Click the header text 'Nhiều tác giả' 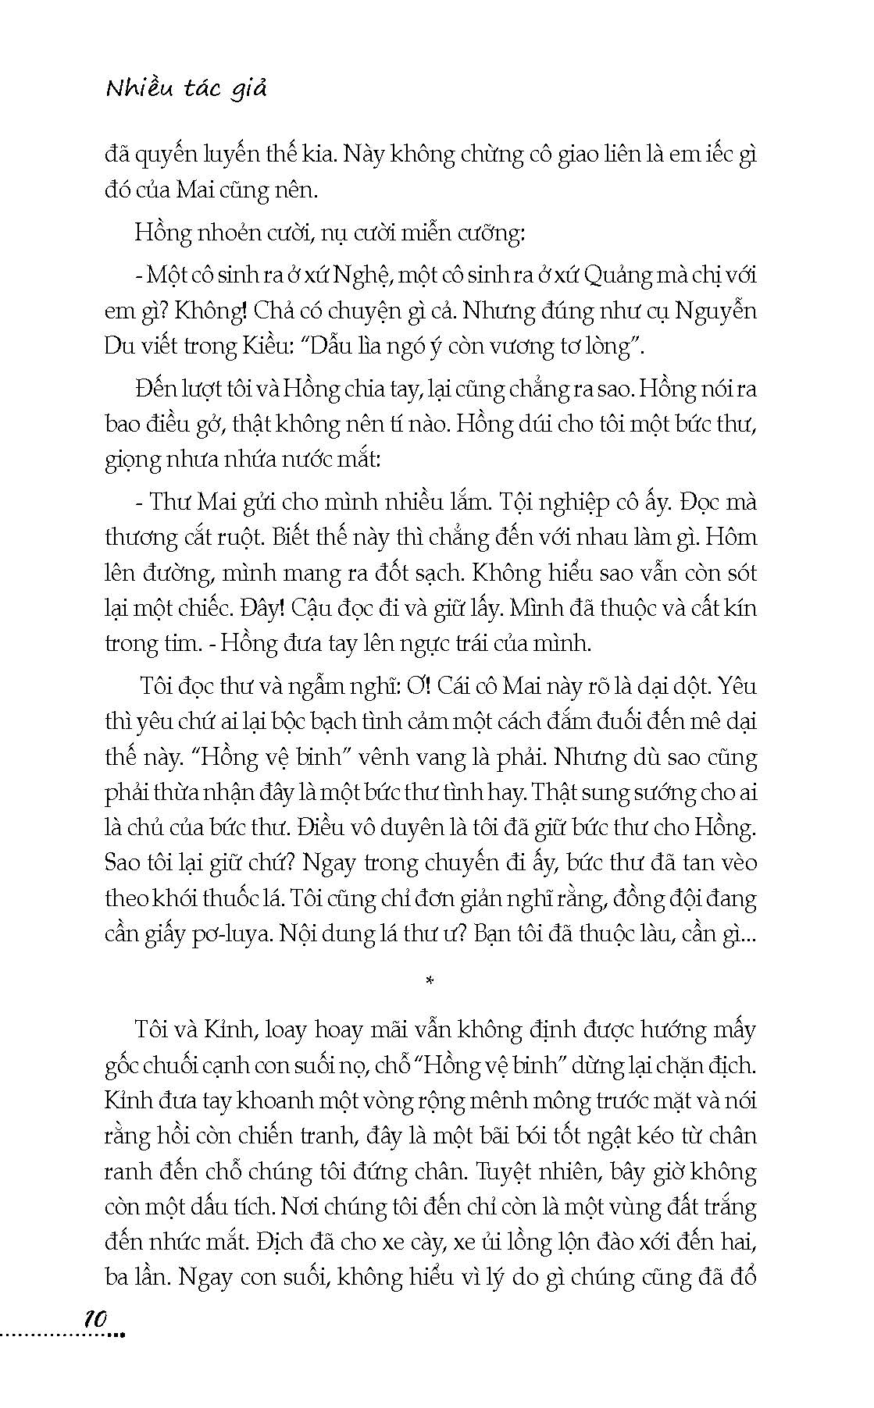coord(186,89)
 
